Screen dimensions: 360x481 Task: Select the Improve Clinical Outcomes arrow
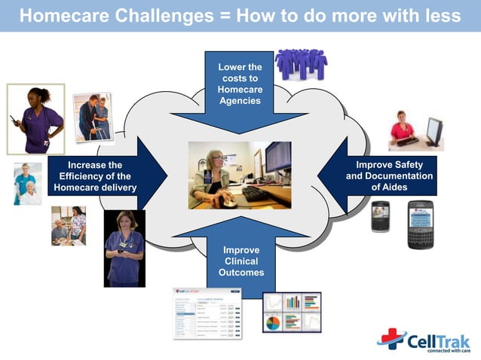pos(240,256)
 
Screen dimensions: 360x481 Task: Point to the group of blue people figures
pos(301,65)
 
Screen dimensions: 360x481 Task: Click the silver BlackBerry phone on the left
pos(381,216)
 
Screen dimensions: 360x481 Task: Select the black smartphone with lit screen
pos(422,224)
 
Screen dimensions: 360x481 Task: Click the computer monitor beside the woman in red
pos(434,133)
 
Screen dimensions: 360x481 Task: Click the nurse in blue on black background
pos(124,248)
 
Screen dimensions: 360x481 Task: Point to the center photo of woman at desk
pos(240,175)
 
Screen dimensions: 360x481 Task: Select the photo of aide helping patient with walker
pos(96,117)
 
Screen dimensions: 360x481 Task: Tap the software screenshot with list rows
pos(207,313)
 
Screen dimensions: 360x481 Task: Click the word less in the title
pos(441,16)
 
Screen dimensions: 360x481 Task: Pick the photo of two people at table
pos(68,225)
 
